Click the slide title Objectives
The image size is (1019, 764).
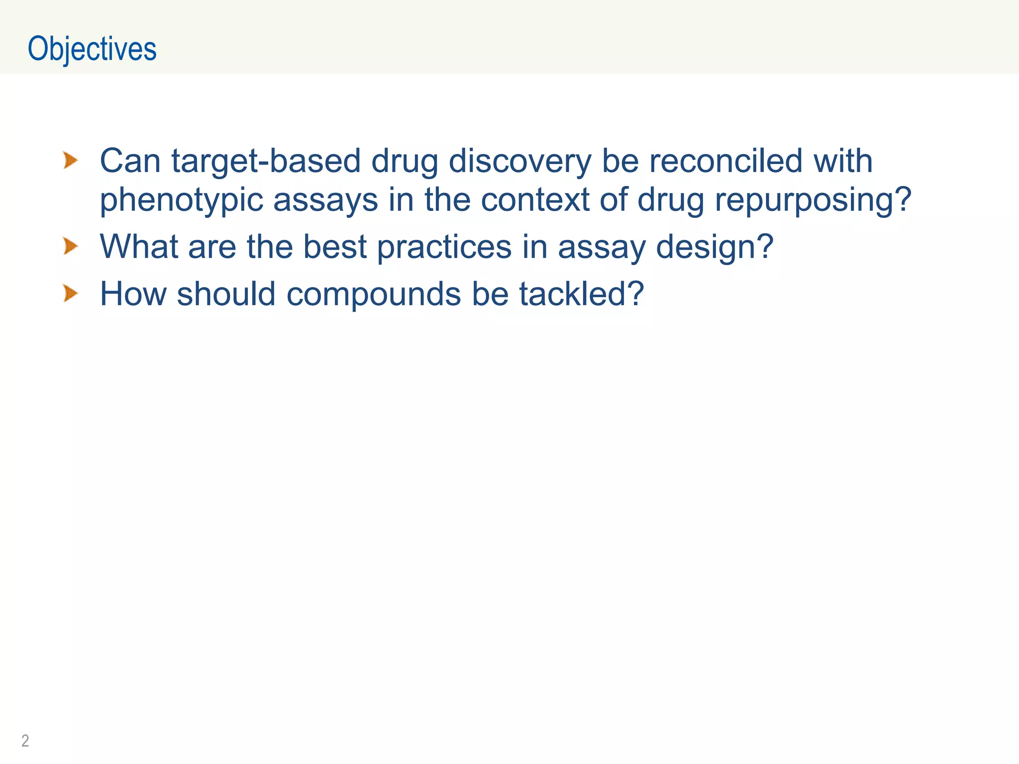pyautogui.click(x=92, y=49)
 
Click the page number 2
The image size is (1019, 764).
pyautogui.click(x=25, y=741)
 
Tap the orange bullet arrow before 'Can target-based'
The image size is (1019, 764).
pyautogui.click(x=71, y=161)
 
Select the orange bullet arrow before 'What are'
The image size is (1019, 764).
pyautogui.click(x=71, y=246)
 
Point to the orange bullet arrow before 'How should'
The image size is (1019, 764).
pyautogui.click(x=71, y=293)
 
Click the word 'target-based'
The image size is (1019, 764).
pyautogui.click(x=266, y=161)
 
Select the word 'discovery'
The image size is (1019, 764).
pyautogui.click(x=520, y=162)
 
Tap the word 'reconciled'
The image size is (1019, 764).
pyautogui.click(x=726, y=161)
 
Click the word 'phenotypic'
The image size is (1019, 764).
pyautogui.click(x=182, y=200)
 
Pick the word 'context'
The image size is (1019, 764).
pyautogui.click(x=535, y=199)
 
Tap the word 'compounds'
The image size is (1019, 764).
pyautogui.click(x=374, y=294)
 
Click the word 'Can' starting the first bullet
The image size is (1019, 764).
pyautogui.click(x=130, y=161)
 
